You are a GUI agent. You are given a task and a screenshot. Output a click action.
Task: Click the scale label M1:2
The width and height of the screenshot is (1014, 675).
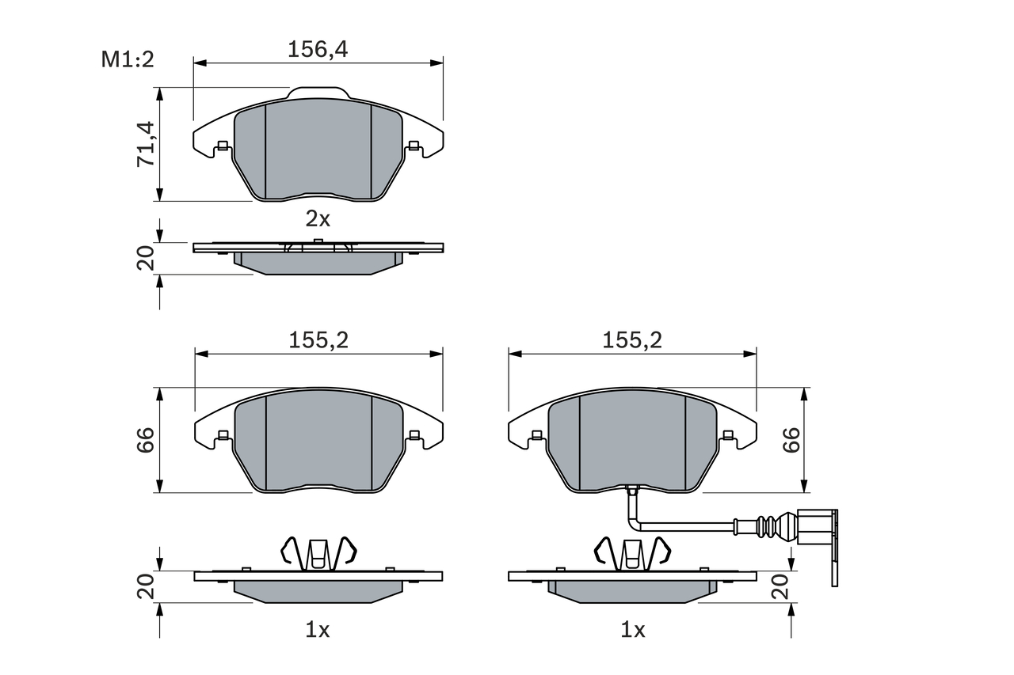(x=127, y=59)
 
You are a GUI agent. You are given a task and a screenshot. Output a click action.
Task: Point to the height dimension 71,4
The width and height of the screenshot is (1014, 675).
(x=146, y=144)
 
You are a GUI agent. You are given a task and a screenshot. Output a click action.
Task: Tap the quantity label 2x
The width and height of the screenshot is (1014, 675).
(x=318, y=218)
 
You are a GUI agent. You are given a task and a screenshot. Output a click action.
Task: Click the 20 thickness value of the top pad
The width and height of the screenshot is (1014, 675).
(x=146, y=259)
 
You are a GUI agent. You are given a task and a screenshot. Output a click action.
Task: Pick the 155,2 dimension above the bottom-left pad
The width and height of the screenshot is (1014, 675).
(x=318, y=340)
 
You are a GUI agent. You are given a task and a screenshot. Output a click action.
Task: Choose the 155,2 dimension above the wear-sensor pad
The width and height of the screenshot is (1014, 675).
(x=631, y=340)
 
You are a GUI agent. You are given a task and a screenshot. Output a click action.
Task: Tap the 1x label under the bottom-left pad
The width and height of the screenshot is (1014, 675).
(x=318, y=630)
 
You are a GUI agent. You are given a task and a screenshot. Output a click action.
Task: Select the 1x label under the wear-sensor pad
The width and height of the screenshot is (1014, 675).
(x=632, y=630)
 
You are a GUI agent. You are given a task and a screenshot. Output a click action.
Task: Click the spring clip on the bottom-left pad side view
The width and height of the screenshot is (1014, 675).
(x=318, y=553)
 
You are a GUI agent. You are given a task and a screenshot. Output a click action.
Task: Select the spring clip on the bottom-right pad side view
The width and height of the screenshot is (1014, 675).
(x=631, y=553)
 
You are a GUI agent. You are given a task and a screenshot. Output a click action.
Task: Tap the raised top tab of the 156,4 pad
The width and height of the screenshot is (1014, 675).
(x=318, y=93)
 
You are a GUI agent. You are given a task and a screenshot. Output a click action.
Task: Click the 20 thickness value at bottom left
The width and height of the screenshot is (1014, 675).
(x=146, y=586)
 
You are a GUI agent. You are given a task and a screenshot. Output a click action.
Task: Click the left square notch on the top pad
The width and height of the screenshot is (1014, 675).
(x=223, y=145)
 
